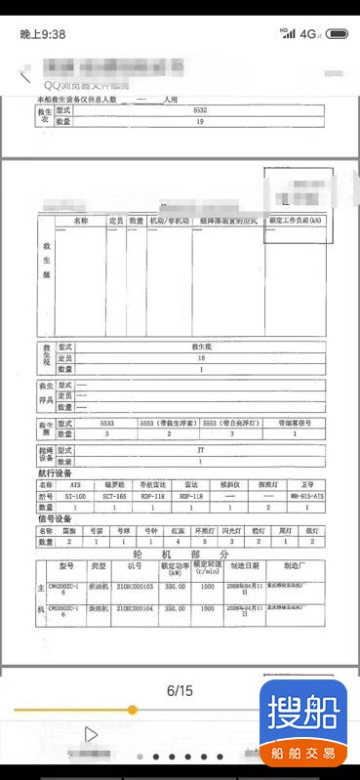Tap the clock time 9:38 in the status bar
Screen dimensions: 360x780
(x=43, y=34)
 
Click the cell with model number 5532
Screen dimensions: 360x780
(x=200, y=111)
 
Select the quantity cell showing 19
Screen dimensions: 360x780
(x=200, y=122)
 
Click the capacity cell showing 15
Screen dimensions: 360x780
(x=201, y=358)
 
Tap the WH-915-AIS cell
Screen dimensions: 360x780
(x=308, y=495)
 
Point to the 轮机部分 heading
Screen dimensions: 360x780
(x=185, y=553)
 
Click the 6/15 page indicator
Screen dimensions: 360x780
(x=180, y=690)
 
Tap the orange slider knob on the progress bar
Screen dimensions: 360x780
(x=132, y=710)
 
